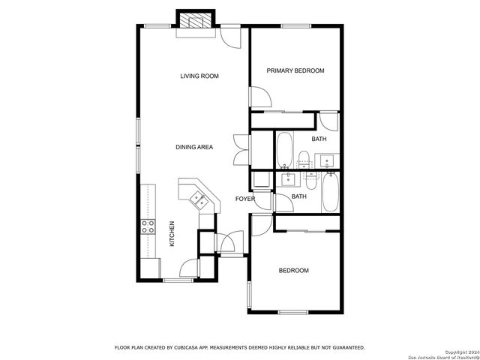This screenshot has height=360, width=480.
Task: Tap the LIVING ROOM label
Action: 199,76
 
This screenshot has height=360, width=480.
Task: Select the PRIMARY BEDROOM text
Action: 295,70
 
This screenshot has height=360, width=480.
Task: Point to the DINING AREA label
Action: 194,147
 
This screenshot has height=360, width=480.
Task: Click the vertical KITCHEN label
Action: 172,233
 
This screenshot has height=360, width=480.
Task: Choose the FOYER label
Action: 245,199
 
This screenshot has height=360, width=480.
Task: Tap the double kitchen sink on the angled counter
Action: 199,199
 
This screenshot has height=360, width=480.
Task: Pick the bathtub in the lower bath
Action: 331,192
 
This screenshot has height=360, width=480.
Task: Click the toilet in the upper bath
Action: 304,159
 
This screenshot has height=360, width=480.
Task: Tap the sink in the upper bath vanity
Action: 327,160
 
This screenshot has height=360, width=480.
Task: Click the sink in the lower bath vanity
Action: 287,179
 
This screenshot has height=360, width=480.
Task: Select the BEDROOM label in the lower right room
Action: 293,270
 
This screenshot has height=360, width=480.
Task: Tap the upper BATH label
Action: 319,139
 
